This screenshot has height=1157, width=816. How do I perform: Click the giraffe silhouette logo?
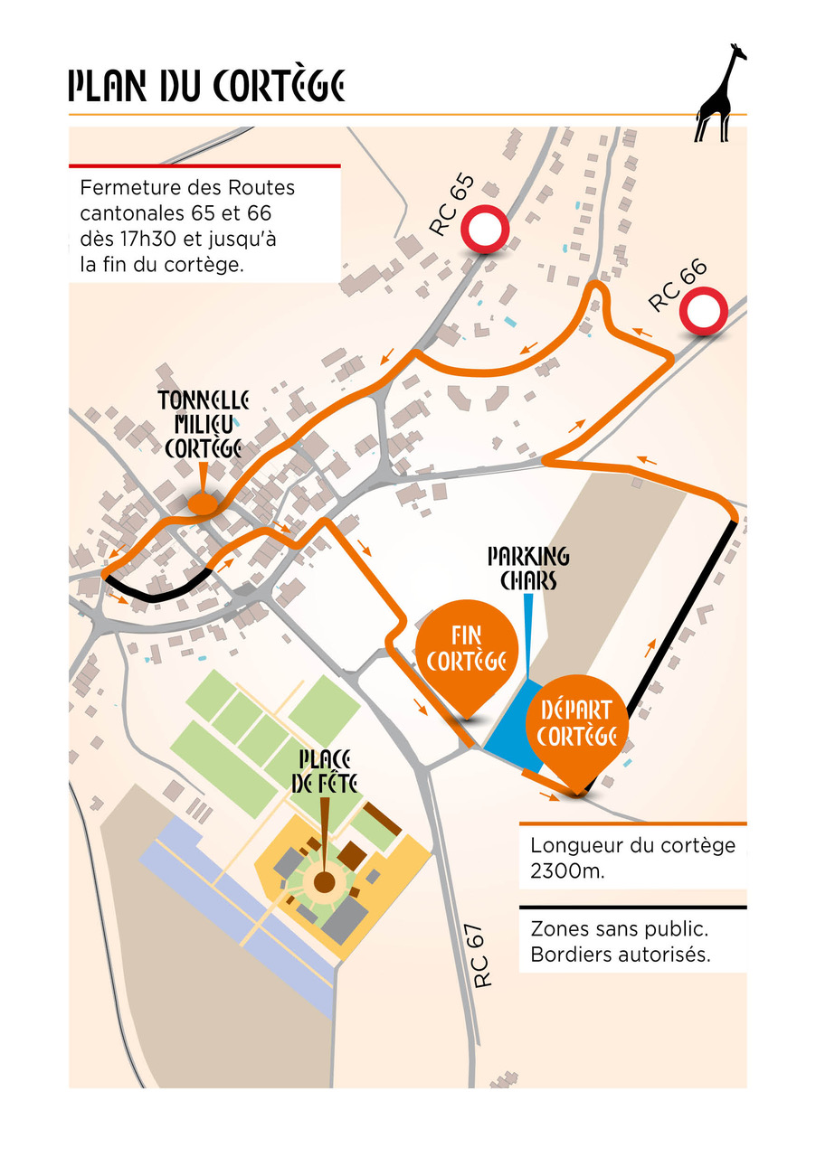tap(721, 93)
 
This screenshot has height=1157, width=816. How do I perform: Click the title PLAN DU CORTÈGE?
tap(207, 87)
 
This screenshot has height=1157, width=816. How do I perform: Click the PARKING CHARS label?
tap(528, 567)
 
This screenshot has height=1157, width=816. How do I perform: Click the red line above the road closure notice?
tap(204, 166)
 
